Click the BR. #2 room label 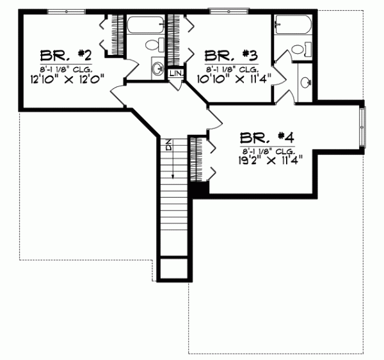61,53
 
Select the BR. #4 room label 267,136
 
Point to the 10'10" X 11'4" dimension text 232,79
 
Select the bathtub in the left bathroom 145,27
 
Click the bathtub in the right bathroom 293,26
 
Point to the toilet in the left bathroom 152,45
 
